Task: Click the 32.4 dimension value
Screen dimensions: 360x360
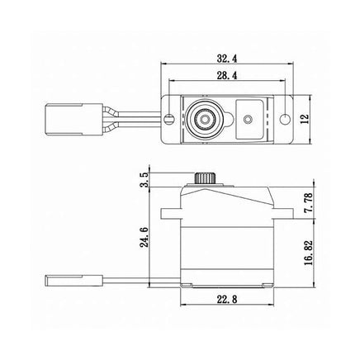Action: click(227, 59)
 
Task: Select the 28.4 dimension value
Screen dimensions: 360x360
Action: click(227, 75)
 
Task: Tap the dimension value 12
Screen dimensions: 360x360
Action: click(306, 119)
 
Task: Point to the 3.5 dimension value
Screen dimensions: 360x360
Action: click(144, 180)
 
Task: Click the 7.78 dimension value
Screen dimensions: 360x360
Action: click(309, 202)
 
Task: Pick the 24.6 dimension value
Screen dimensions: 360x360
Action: click(144, 238)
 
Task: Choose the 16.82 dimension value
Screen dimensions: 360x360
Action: click(309, 253)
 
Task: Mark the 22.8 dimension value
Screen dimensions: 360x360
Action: click(227, 299)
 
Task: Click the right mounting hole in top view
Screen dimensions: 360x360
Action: click(285, 119)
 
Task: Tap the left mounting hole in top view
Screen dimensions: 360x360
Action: click(169, 119)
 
